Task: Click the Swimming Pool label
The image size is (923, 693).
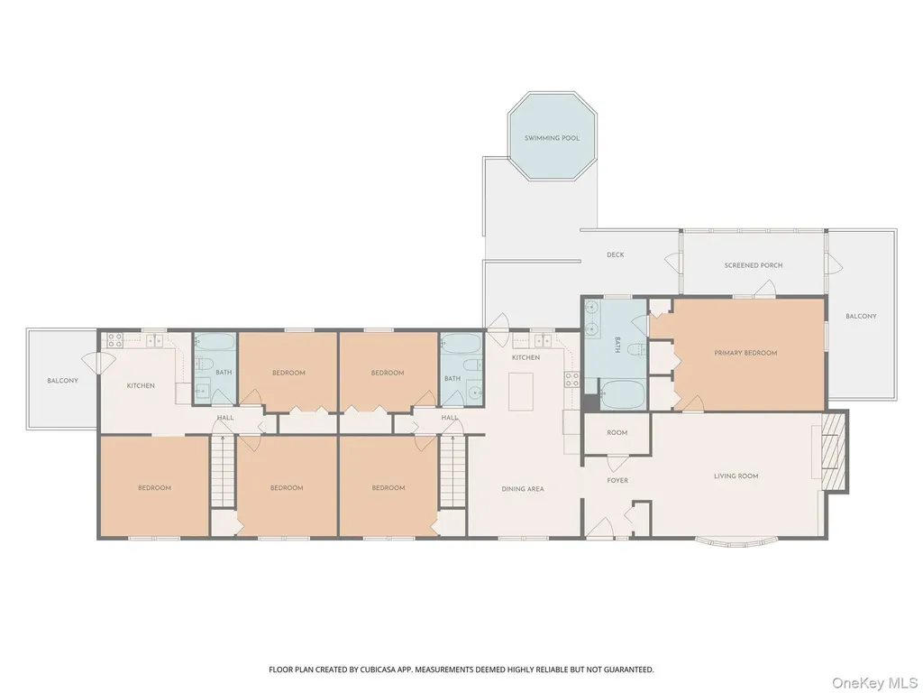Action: (x=553, y=138)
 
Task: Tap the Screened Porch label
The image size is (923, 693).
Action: (x=754, y=266)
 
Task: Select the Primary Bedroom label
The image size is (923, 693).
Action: (x=745, y=353)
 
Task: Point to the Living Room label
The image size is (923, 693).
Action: (x=736, y=476)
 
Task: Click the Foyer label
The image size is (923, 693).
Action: (x=617, y=480)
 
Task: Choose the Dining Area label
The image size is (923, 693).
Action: (x=523, y=489)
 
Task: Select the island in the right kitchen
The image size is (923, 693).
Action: (x=521, y=392)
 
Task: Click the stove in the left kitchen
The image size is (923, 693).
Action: (x=114, y=339)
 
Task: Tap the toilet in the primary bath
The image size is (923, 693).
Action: (x=636, y=350)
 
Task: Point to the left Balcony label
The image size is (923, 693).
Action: (x=62, y=381)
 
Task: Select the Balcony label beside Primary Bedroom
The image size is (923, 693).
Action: (x=861, y=317)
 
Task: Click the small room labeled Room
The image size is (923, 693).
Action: (x=617, y=433)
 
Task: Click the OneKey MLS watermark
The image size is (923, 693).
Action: (x=874, y=683)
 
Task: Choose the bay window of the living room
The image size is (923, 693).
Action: (x=736, y=542)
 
